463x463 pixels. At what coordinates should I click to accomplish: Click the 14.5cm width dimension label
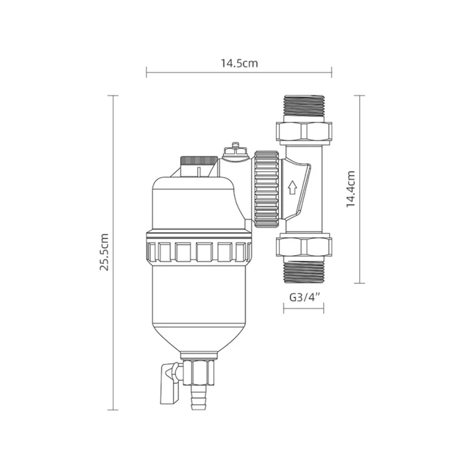click(x=238, y=62)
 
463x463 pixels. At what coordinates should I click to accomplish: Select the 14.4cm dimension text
click(x=350, y=189)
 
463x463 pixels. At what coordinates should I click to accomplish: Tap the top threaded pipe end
click(x=303, y=106)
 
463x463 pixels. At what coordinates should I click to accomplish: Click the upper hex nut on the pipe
click(x=303, y=131)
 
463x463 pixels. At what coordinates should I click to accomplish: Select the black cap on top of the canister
click(x=198, y=162)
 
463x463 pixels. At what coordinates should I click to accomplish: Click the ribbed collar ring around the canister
click(x=199, y=250)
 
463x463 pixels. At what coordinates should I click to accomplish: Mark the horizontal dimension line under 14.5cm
click(x=238, y=73)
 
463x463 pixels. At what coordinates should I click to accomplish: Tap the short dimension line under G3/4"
click(x=303, y=307)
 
